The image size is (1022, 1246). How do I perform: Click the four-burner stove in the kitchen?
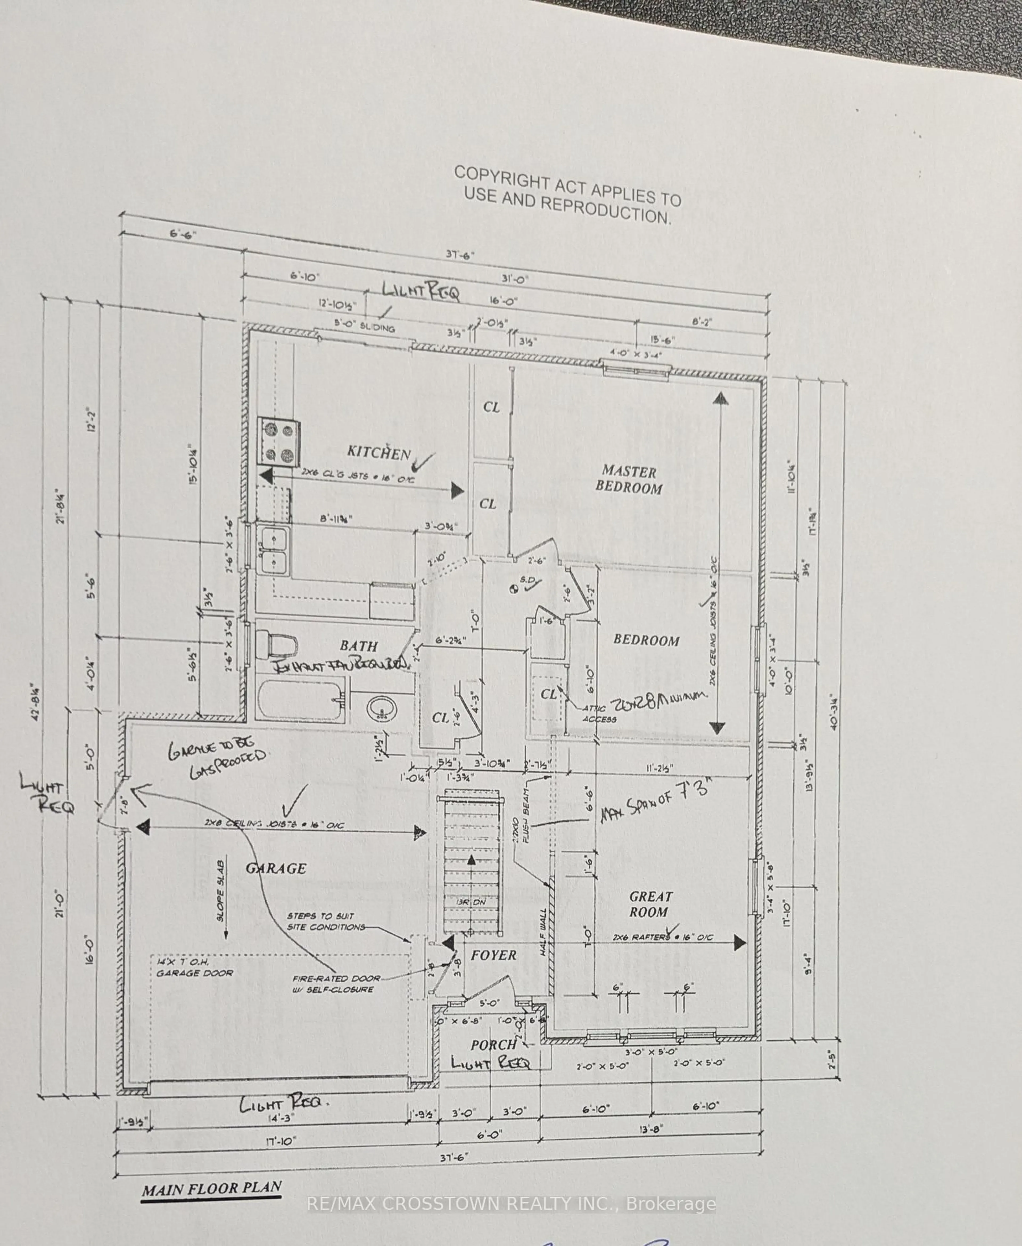pos(279,442)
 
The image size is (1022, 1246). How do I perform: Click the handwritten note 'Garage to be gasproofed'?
pos(217,760)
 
